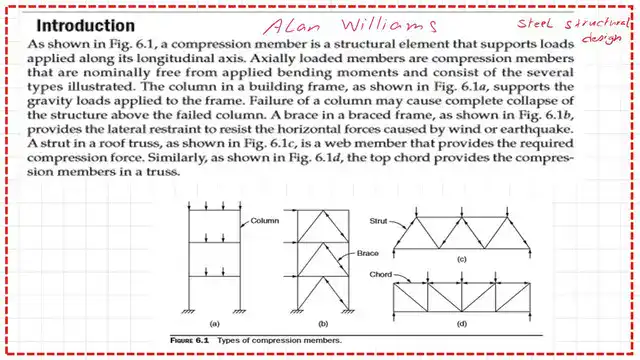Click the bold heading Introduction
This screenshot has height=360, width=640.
(80, 25)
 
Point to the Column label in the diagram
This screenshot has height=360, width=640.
(264, 220)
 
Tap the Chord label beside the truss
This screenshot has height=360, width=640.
(380, 273)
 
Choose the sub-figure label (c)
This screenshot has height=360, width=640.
(463, 260)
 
